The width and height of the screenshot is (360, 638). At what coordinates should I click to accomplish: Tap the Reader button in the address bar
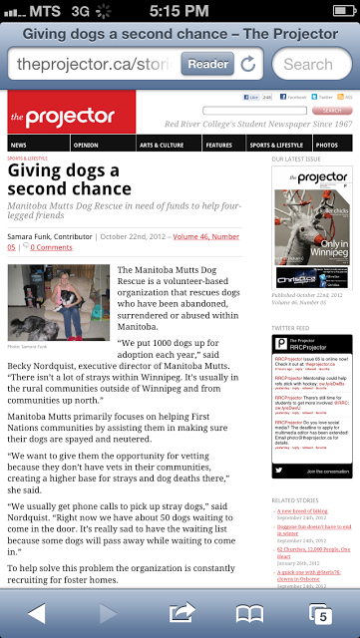208,64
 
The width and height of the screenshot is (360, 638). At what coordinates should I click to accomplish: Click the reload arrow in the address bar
248,64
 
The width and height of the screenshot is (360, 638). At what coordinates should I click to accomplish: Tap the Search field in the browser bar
313,64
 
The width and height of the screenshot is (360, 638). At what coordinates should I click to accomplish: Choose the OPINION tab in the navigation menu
86,145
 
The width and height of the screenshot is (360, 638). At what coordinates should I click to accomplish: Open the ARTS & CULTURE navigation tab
162,145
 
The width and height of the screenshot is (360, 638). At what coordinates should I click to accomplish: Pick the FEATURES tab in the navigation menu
219,145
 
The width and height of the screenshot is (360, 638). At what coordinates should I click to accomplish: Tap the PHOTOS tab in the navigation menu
327,145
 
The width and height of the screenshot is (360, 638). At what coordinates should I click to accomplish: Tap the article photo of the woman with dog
58,302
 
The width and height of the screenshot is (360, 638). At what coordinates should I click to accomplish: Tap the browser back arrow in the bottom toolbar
37,611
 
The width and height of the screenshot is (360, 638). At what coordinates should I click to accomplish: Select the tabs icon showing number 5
321,612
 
